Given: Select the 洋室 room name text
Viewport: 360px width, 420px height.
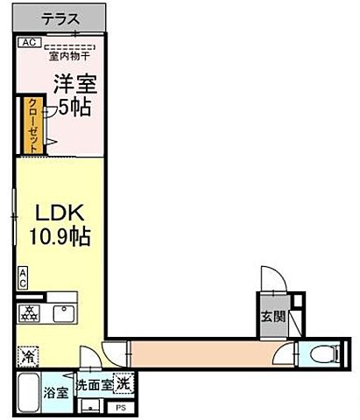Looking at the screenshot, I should coord(74,84).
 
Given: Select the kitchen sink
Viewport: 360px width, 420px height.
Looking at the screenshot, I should coord(63,312).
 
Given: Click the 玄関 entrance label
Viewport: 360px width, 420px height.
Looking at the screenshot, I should coord(269,316).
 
